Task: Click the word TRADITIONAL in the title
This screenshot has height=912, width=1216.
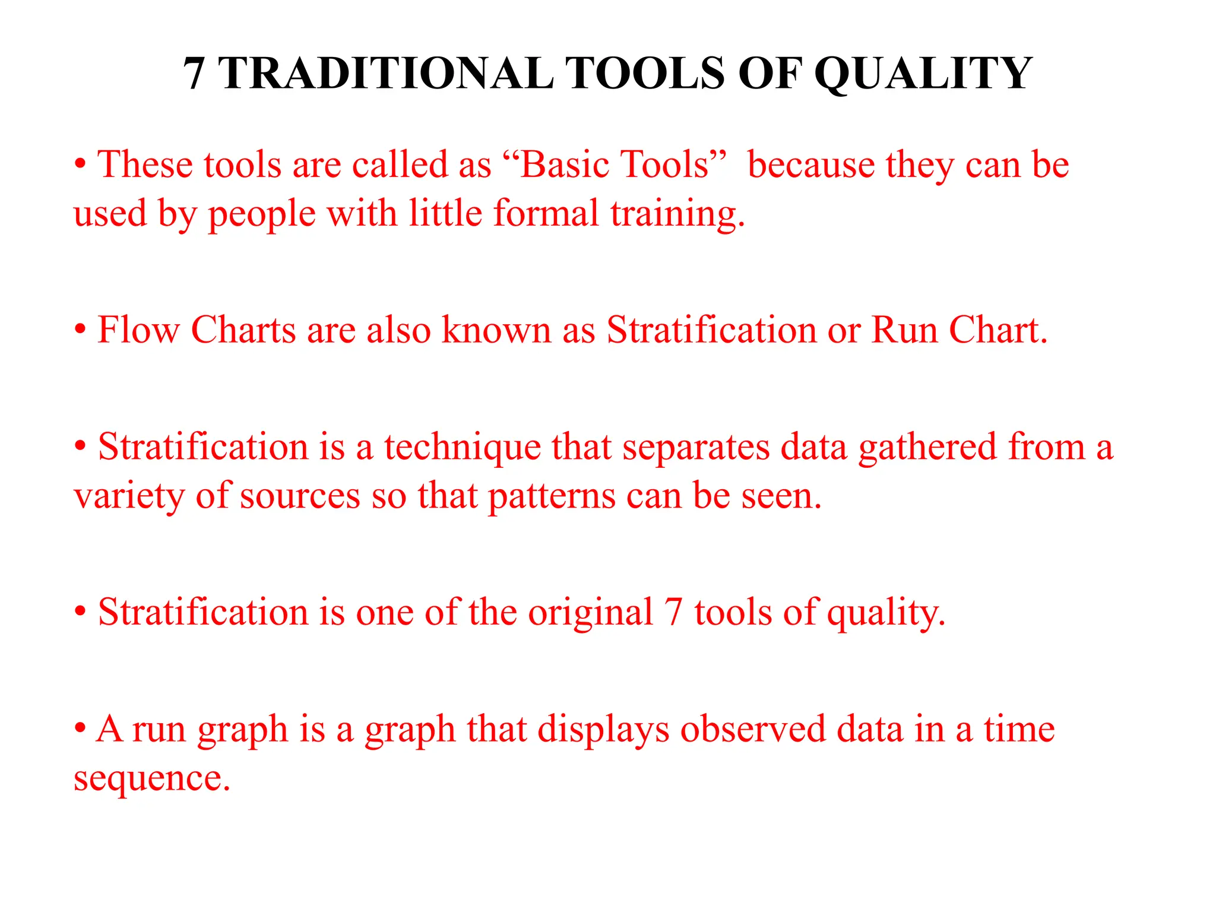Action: pos(387,74)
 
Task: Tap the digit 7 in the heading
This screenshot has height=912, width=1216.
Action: pos(194,74)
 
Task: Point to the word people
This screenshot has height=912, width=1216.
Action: pos(261,214)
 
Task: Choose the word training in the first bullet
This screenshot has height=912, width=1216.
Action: pos(676,214)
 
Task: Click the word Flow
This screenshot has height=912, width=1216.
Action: pos(138,330)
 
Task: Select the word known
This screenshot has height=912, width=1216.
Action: pos(496,330)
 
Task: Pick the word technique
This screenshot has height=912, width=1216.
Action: pos(463,448)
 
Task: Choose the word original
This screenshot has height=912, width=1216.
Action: pos(590,613)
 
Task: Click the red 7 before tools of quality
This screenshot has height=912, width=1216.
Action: pos(673,613)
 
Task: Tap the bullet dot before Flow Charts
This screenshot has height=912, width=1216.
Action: pos(81,330)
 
